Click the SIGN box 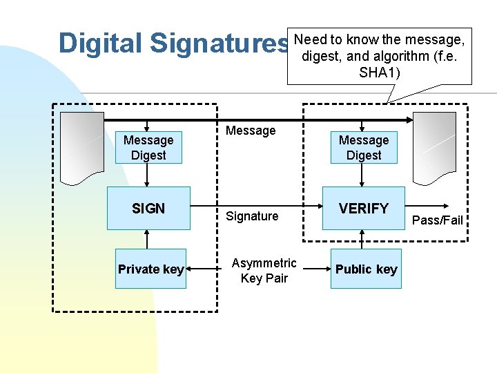tap(148, 208)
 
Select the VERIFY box tap(364, 208)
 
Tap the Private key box tap(150, 269)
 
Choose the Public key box tap(366, 269)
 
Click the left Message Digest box tap(148, 148)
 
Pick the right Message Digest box tap(364, 148)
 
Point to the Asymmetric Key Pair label tap(264, 270)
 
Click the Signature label tap(252, 216)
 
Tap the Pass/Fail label tap(437, 220)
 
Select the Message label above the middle tap(251, 131)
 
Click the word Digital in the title tap(101, 43)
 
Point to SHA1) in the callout tap(379, 73)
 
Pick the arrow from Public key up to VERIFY tap(364, 239)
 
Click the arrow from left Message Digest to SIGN tap(148, 175)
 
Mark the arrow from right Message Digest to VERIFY tap(364, 175)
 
